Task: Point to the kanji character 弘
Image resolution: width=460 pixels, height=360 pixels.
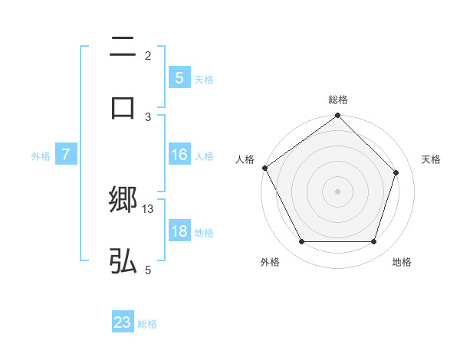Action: [x=123, y=262]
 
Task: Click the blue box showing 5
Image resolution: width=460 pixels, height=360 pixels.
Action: [x=179, y=77]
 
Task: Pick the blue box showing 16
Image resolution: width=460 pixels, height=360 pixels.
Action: [x=179, y=155]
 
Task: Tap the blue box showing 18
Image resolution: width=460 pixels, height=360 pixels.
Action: [x=179, y=231]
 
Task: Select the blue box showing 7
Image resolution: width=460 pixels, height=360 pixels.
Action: [x=66, y=155]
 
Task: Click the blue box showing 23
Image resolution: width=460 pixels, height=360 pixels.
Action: [x=123, y=322]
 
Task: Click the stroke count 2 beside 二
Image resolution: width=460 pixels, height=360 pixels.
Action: [x=148, y=55]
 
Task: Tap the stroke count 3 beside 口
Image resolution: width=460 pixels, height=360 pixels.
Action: [x=148, y=116]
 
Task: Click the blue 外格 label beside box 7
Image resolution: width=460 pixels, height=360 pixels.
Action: [x=41, y=155]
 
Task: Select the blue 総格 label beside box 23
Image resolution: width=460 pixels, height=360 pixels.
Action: [x=147, y=323]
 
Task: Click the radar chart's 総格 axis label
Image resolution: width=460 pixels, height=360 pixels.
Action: [x=338, y=100]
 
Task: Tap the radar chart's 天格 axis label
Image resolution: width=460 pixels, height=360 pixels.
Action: [x=432, y=159]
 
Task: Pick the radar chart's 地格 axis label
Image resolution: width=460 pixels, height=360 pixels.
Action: [x=402, y=262]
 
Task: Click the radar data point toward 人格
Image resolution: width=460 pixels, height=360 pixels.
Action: [x=264, y=168]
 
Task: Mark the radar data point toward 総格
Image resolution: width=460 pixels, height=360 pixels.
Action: [x=337, y=116]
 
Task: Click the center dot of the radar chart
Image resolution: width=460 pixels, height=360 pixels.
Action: [x=337, y=191]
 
